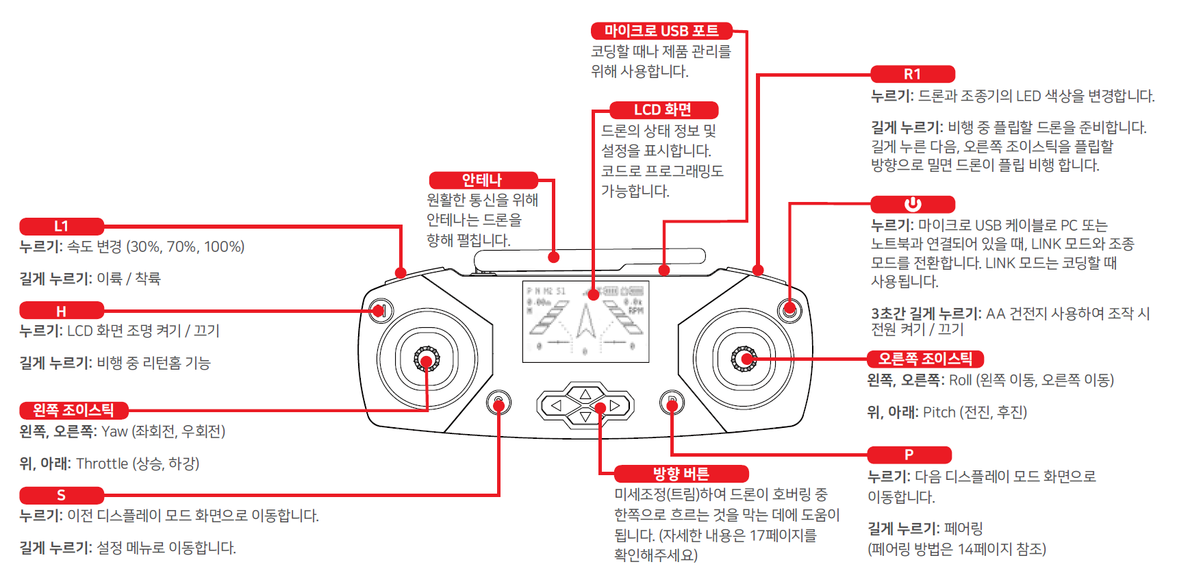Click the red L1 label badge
coord(62,227)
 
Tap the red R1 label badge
coord(912,74)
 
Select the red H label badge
coord(62,312)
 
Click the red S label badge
coord(62,495)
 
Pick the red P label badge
coord(909,455)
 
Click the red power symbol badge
coord(912,204)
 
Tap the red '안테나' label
coord(483,180)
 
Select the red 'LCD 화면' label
coord(663,110)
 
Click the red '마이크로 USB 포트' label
coord(661,31)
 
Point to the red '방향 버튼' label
coord(681,474)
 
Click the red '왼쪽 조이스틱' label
coord(73,410)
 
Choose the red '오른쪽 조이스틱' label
coord(925,359)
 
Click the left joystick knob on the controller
coord(426,359)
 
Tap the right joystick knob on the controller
coord(744,359)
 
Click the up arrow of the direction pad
coord(585,394)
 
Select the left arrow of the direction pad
coord(556,406)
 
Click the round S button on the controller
coord(498,403)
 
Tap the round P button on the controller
coord(672,403)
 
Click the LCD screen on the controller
coord(585,321)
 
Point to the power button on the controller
coord(789,309)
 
